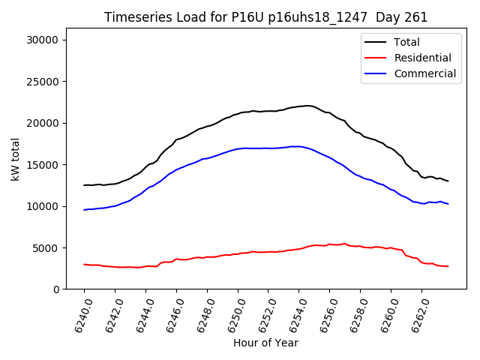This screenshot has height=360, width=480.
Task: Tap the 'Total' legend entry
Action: [x=406, y=42]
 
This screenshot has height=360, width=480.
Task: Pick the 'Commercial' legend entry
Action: [x=424, y=73]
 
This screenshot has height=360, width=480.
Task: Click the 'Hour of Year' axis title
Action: [x=265, y=343]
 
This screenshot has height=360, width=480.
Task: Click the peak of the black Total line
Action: [x=307, y=106]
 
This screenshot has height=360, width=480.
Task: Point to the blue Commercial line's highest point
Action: [x=295, y=146]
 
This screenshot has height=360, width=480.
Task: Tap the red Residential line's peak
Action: [x=344, y=243]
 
